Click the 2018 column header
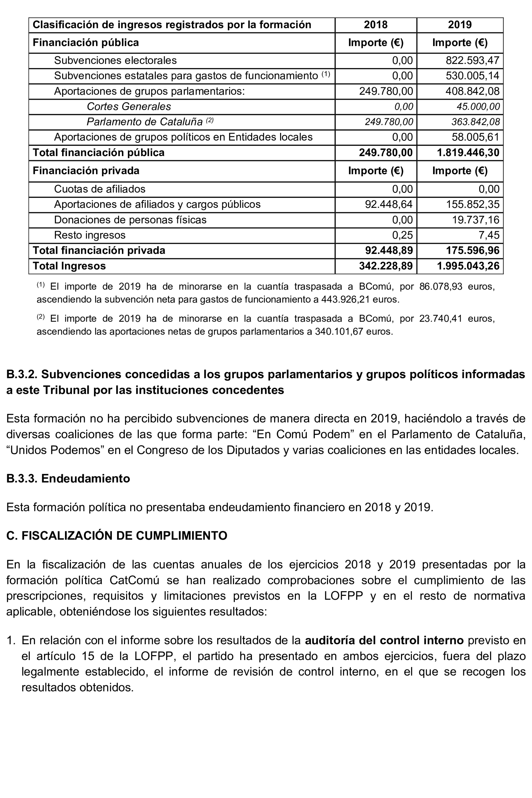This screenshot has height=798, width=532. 376,25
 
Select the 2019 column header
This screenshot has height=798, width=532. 460,25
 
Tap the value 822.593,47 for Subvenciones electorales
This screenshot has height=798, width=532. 472,60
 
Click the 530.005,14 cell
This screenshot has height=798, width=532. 472,76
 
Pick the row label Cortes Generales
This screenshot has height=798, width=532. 129,106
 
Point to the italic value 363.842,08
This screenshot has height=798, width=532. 475,122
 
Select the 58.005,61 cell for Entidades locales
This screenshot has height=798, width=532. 475,137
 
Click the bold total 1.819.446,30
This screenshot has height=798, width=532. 468,153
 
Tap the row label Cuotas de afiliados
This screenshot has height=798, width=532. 99,189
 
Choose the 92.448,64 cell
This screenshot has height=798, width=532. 389,204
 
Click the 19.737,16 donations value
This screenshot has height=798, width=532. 475,220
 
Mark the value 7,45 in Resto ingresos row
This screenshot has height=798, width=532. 489,235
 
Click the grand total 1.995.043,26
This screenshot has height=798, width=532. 468,266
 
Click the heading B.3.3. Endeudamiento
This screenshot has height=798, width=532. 68,479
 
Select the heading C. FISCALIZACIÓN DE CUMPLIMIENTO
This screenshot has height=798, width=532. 117,536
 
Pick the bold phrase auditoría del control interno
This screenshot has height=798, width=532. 384,640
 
